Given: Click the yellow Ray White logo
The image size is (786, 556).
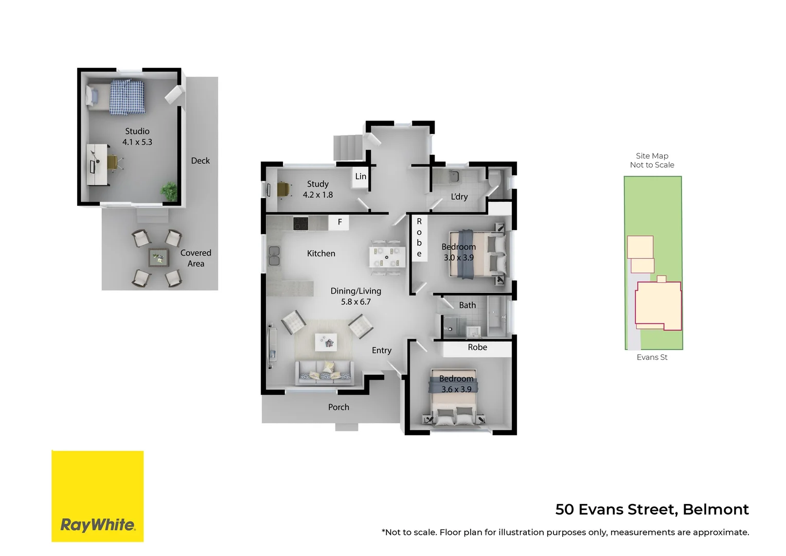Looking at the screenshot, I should (98, 496).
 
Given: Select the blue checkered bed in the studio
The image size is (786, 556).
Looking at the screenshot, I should (127, 97).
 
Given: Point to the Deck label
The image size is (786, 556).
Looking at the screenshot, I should (200, 161).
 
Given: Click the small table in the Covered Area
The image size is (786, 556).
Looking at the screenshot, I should (158, 257).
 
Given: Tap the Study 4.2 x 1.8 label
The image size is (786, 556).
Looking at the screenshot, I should (318, 189).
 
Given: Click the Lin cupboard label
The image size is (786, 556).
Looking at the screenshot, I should (361, 176).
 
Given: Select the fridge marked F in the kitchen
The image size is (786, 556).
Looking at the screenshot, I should (340, 222).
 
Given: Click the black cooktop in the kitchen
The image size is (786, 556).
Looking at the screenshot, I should (300, 223).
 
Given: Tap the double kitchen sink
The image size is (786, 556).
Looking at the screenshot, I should (274, 256).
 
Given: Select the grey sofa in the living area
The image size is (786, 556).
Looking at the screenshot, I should (325, 373).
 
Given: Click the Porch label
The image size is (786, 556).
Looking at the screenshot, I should (338, 407).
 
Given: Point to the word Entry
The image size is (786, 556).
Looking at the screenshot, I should (382, 351).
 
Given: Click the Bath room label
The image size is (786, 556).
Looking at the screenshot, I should (467, 305).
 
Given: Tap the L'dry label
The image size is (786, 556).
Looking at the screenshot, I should (459, 197).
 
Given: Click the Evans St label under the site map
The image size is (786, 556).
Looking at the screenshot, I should (652, 357).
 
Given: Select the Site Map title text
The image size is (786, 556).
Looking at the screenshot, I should (652, 156).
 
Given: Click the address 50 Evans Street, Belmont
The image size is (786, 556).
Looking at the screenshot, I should (652, 510).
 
